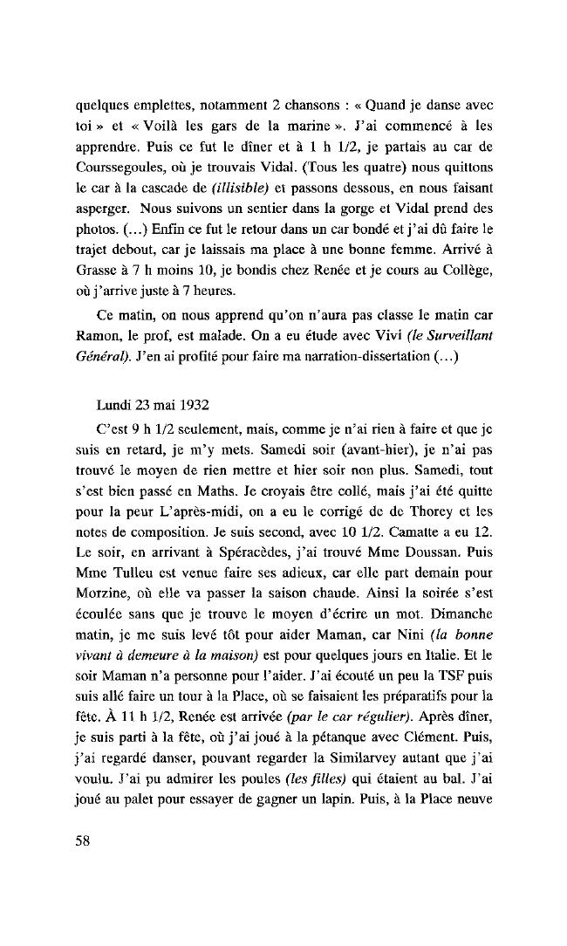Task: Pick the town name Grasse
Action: tap(95, 259)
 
